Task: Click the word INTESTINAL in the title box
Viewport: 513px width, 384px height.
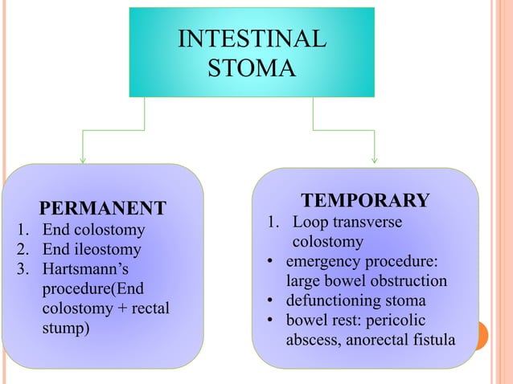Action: [252, 39]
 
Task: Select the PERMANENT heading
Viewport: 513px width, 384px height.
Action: [104, 209]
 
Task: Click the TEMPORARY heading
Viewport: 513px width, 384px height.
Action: [365, 200]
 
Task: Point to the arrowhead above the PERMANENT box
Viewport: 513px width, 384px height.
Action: [83, 158]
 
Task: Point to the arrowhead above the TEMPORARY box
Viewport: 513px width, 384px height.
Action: [375, 158]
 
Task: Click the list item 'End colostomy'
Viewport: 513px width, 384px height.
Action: [93, 231]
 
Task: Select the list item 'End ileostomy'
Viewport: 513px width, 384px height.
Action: [92, 249]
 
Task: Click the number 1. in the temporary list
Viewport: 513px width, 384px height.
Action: [273, 222]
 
